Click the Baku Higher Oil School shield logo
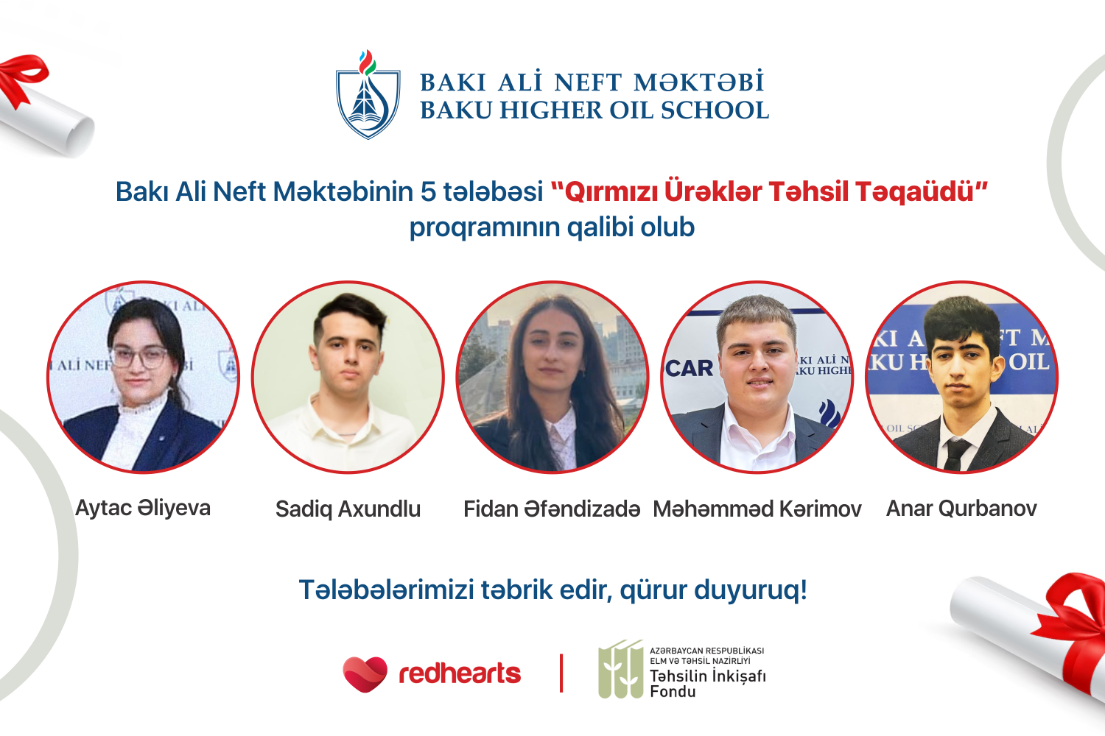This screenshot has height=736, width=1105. tap(368, 95)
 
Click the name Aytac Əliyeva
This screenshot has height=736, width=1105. tap(143, 509)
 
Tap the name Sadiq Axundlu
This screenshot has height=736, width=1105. tap(348, 509)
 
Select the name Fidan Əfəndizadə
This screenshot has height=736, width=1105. tap(552, 509)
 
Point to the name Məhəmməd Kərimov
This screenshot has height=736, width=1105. tap(757, 509)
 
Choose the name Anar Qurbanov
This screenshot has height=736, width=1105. tap(961, 509)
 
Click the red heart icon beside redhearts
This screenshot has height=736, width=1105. tap(365, 674)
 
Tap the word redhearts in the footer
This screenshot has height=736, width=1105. tap(460, 674)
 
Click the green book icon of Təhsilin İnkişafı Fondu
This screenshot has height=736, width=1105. tap(620, 669)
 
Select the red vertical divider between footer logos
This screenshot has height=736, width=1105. tap(561, 673)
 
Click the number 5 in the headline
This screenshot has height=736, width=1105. tap(428, 192)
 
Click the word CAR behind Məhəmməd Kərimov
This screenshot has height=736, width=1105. tap(689, 368)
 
